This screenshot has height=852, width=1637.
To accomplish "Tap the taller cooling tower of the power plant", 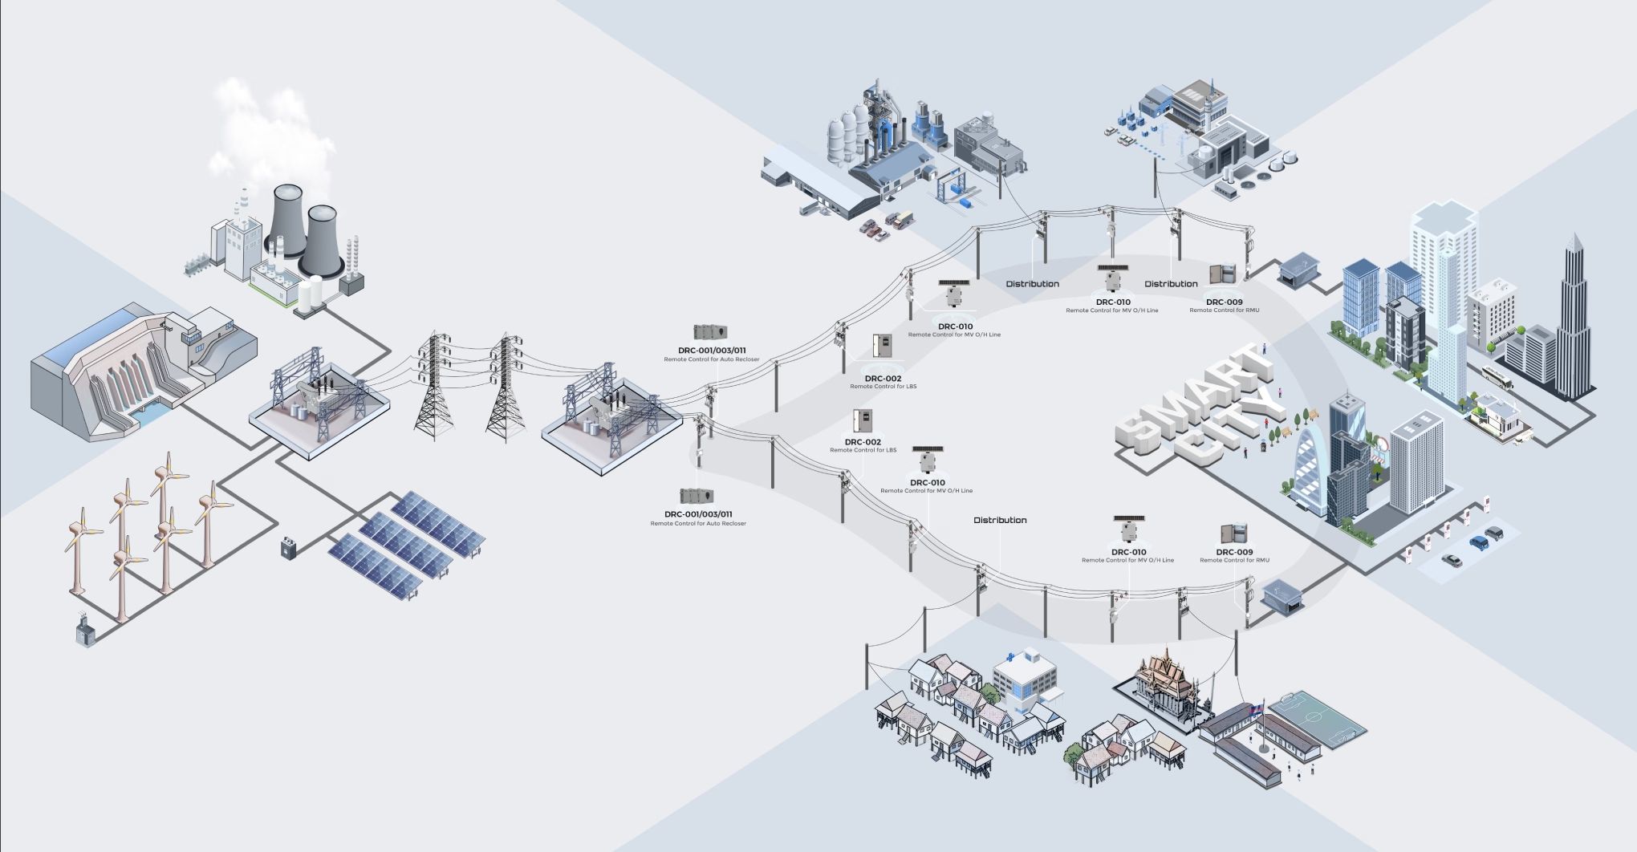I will pyautogui.click(x=286, y=221).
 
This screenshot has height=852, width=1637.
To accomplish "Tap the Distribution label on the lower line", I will pyautogui.click(x=1000, y=520).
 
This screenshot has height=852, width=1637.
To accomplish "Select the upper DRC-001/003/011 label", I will pyautogui.click(x=712, y=351).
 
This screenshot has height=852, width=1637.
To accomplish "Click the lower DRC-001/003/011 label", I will pyautogui.click(x=698, y=514).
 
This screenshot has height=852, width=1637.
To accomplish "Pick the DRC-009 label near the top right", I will pyautogui.click(x=1224, y=302).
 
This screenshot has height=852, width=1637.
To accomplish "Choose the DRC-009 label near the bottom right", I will pyautogui.click(x=1234, y=552).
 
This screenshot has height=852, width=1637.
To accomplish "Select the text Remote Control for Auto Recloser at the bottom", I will pyautogui.click(x=698, y=524).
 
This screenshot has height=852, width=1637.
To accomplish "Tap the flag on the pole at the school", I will pyautogui.click(x=1259, y=708).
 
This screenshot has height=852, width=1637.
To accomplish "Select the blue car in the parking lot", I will pyautogui.click(x=1478, y=542).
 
